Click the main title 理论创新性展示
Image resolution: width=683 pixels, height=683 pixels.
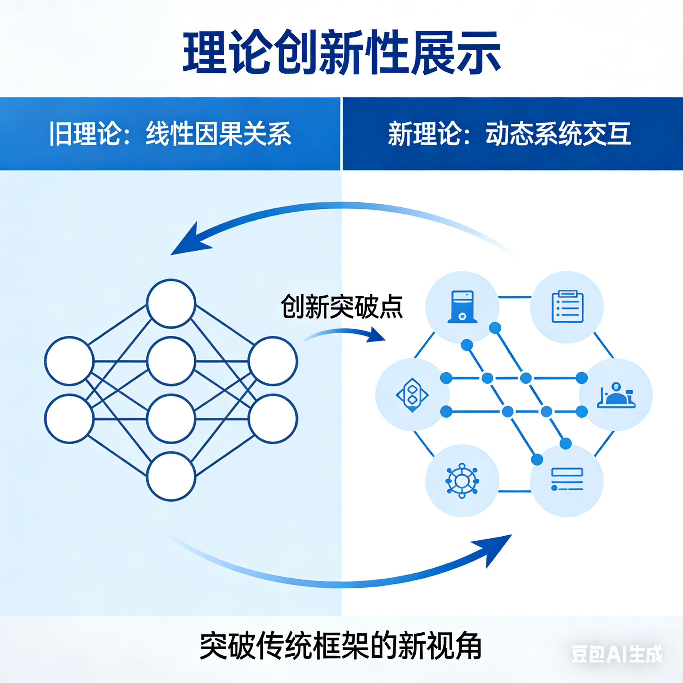coord(341,53)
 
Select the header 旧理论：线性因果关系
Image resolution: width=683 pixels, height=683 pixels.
coord(170,134)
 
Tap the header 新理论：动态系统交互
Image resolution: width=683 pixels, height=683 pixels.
coord(509,134)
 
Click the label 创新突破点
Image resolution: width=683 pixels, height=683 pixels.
coord(341,307)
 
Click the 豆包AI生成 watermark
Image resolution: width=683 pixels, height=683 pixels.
coord(617,654)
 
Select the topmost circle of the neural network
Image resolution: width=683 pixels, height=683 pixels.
coord(171,303)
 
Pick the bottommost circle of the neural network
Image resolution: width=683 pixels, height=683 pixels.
coord(171,477)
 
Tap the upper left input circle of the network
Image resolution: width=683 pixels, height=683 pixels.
coord(69,361)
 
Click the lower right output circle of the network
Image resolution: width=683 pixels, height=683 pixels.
coord(273,419)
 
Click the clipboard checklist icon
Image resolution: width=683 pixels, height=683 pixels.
coord(567,307)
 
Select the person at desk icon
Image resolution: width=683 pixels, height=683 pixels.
coord(616,395)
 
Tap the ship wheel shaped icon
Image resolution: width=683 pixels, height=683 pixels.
coord(462,481)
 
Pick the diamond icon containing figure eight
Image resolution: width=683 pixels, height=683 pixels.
coord(412,395)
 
